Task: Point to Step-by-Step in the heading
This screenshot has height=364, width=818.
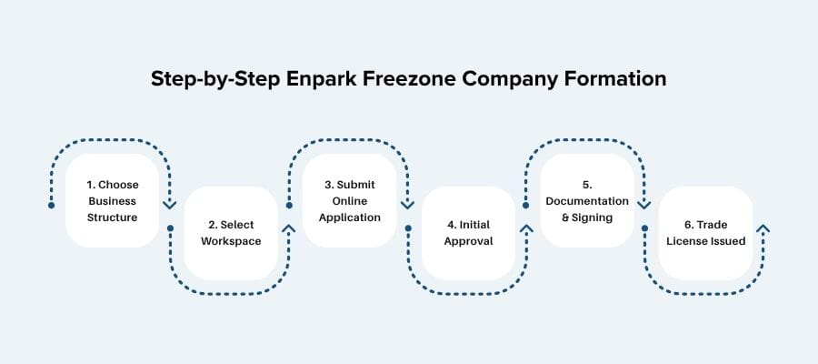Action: [x=206, y=79]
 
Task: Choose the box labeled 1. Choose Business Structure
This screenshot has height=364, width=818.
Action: [x=113, y=201]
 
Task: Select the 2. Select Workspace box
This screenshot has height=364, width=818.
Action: [x=231, y=233]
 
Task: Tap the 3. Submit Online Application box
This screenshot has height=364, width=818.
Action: [x=350, y=201]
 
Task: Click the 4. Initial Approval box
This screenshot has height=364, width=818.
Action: [x=468, y=233]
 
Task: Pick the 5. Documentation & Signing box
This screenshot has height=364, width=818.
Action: [x=587, y=201]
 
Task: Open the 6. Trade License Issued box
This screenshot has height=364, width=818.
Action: [x=705, y=233]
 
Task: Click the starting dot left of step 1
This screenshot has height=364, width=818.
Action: [x=52, y=206]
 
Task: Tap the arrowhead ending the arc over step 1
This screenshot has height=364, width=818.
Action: [x=169, y=204]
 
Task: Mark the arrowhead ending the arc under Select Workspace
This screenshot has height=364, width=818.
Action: [x=289, y=229]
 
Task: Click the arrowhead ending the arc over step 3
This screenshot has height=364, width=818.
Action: [x=407, y=204]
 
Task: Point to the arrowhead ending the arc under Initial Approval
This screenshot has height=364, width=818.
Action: [x=526, y=229]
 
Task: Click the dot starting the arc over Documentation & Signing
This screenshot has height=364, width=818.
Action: [x=526, y=206]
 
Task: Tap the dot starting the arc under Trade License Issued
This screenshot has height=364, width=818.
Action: [x=645, y=227]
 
